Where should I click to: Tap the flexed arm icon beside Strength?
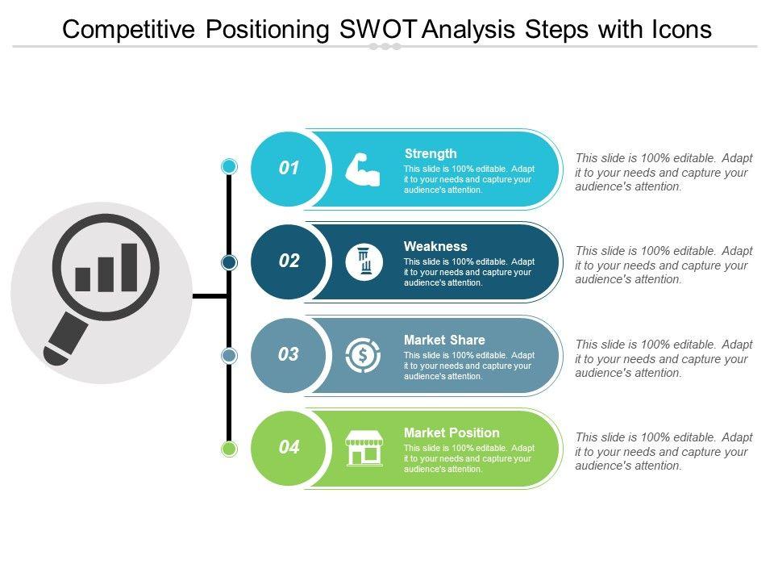pyautogui.click(x=363, y=170)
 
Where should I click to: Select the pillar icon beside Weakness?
pyautogui.click(x=364, y=261)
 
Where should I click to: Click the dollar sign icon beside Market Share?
pyautogui.click(x=363, y=355)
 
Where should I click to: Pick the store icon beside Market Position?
pyautogui.click(x=364, y=448)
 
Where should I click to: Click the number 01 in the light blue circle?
pyautogui.click(x=289, y=168)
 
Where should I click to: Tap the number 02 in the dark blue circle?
pyautogui.click(x=289, y=261)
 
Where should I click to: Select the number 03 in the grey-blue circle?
pyautogui.click(x=289, y=353)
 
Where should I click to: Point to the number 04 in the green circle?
pyautogui.click(x=289, y=447)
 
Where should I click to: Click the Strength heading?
pyautogui.click(x=431, y=153)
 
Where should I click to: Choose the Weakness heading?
pyautogui.click(x=435, y=246)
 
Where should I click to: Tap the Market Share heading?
pyautogui.click(x=444, y=340)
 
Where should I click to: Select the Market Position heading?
pyautogui.click(x=451, y=433)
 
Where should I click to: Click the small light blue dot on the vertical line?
pyautogui.click(x=229, y=166)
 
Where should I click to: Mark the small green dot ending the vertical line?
pyautogui.click(x=229, y=449)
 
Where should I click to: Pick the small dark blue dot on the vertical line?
pyautogui.click(x=229, y=262)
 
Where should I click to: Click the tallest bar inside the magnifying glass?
pyautogui.click(x=129, y=267)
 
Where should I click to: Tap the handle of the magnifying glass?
pyautogui.click(x=65, y=340)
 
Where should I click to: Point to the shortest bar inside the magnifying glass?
pyautogui.click(x=82, y=279)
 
